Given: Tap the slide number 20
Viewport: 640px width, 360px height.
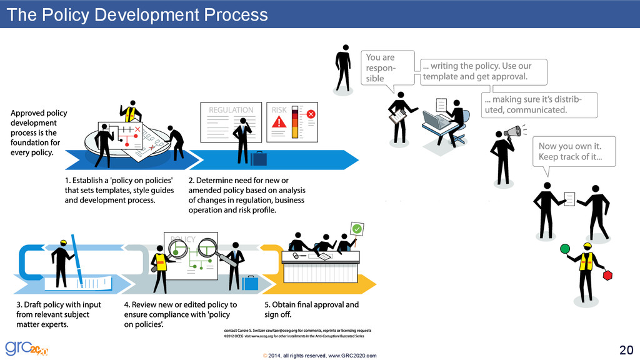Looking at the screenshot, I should coord(625,349).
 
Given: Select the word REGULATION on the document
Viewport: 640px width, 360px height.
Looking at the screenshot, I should coord(231,110).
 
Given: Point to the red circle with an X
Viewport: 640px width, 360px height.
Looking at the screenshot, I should coord(311,114).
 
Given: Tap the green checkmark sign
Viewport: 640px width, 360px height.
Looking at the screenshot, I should coord(357,229).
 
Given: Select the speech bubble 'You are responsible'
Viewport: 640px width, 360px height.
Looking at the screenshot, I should coord(387,67).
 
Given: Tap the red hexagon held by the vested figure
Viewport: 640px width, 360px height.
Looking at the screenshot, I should coord(607,275).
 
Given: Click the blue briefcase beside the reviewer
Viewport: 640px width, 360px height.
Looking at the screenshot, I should coord(250,283).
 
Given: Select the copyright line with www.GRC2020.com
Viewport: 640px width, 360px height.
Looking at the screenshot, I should coord(320,355).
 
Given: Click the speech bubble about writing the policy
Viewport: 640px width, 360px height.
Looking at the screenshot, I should coord(483,72).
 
